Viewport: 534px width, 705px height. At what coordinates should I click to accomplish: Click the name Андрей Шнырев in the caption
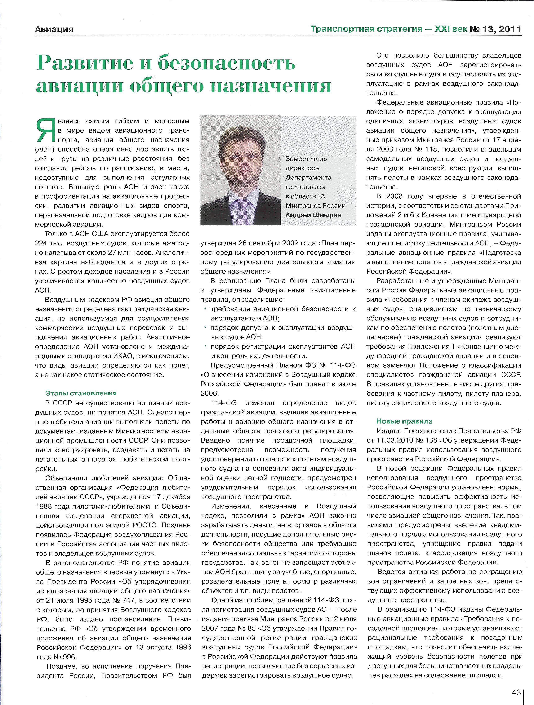[x=313, y=215]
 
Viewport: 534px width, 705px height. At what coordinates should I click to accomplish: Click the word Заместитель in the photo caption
[x=306, y=159]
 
